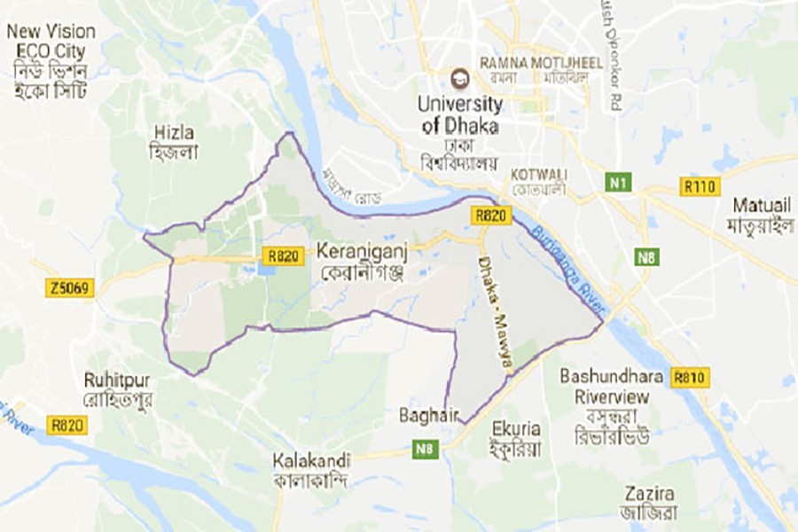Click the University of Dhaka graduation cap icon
click(x=459, y=78)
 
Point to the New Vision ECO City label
click(x=51, y=41)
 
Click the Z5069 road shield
click(x=69, y=288)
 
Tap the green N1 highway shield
click(x=619, y=184)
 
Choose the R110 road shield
click(x=699, y=186)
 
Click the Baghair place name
click(x=429, y=414)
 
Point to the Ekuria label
click(x=515, y=428)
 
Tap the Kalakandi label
click(x=311, y=461)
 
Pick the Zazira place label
click(x=649, y=493)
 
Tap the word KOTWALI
click(x=539, y=173)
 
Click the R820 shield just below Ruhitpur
click(x=68, y=426)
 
